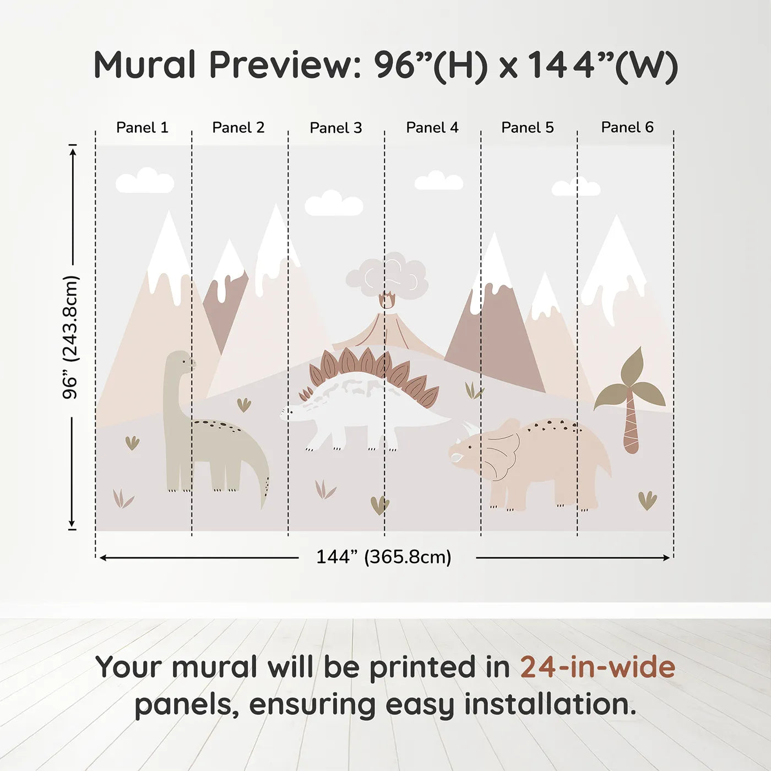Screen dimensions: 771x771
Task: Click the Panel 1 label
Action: pyautogui.click(x=143, y=128)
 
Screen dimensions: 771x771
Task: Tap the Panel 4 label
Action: pyautogui.click(x=432, y=128)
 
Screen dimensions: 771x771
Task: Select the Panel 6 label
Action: pyautogui.click(x=627, y=127)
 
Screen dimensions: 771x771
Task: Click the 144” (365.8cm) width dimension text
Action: pyautogui.click(x=384, y=557)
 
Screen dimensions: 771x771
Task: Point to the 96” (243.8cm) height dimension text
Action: pyautogui.click(x=70, y=337)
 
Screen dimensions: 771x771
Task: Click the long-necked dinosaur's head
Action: pyautogui.click(x=180, y=360)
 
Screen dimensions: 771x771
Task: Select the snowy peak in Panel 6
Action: pyautogui.click(x=614, y=264)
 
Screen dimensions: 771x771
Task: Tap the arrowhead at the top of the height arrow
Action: pyautogui.click(x=73, y=152)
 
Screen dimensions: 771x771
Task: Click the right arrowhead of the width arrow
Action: pyautogui.click(x=666, y=558)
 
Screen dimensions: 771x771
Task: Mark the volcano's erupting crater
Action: pyautogui.click(x=387, y=301)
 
